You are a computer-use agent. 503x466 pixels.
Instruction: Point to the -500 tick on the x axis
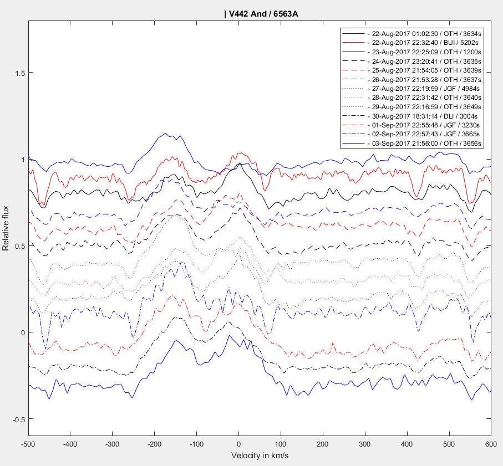[x=28, y=444]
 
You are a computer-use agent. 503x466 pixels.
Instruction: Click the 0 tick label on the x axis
[x=238, y=444]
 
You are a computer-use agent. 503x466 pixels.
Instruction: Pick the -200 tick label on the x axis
[x=112, y=444]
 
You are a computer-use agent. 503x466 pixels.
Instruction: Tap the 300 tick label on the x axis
[x=364, y=444]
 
